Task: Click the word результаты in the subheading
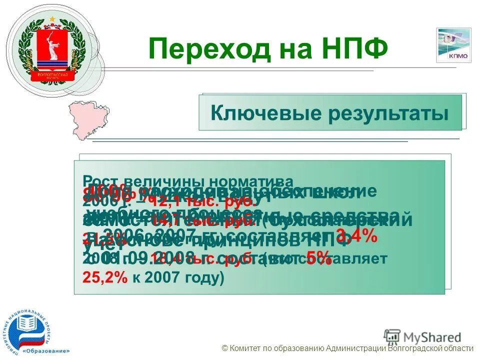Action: [388, 113]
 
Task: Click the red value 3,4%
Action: [356, 235]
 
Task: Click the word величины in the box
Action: [158, 180]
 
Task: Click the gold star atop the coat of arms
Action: [51, 19]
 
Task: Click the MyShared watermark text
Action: [430, 337]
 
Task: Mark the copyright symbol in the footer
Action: [225, 349]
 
